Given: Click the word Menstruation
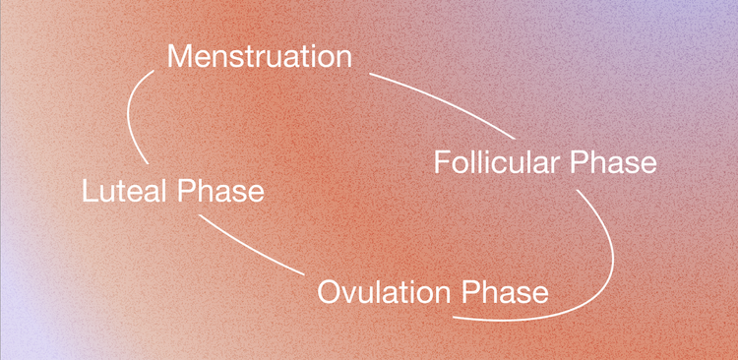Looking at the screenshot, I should [x=259, y=56].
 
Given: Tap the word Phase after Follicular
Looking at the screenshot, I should [x=618, y=161].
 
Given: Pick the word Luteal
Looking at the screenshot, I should [x=122, y=190].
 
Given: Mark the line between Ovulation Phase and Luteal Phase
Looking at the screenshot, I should [x=251, y=247].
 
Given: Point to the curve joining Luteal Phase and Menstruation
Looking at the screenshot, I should [x=132, y=113].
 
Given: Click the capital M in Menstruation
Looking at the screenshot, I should [x=181, y=56].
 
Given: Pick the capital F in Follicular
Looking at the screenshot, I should [x=442, y=161].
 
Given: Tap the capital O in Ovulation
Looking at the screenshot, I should [x=330, y=292].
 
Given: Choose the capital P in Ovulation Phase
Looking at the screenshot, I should [x=476, y=292].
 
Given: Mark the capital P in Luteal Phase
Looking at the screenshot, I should [x=189, y=190].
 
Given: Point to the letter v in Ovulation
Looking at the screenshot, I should [x=348, y=294].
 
